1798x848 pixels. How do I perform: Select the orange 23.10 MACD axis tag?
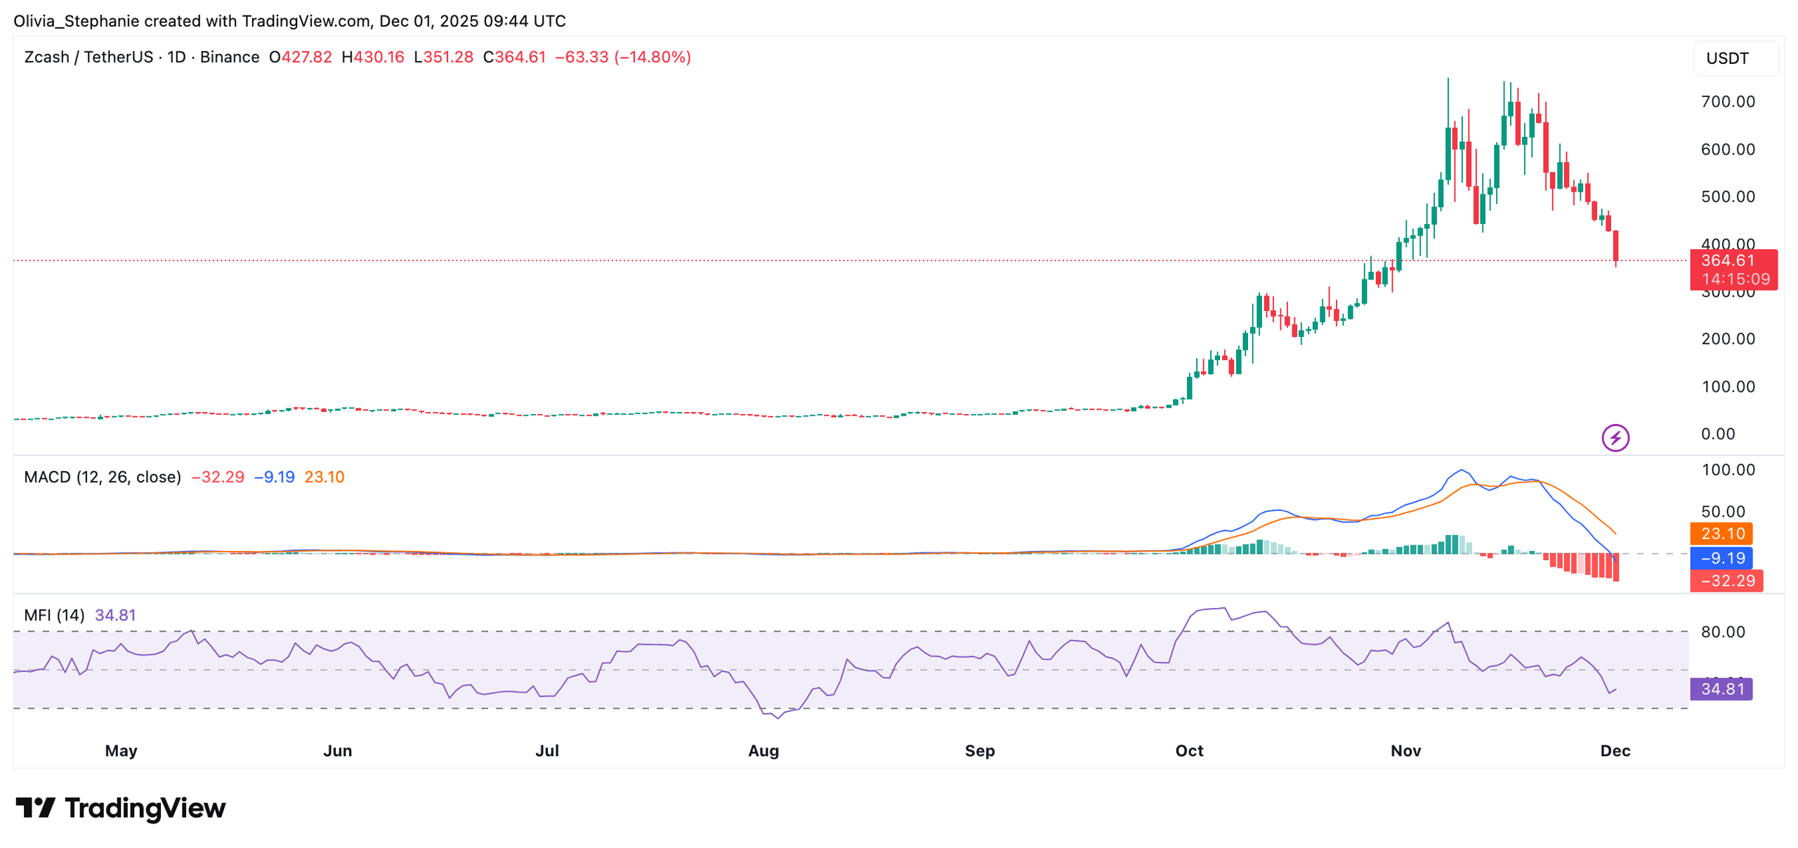pos(1721,534)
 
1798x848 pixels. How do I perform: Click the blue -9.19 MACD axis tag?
pos(1721,558)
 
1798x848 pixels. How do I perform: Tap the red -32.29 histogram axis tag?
pos(1726,581)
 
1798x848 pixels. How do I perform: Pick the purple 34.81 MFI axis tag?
pos(1721,689)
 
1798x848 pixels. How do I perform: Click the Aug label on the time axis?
pos(763,750)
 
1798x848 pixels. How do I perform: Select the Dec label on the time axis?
pos(1614,750)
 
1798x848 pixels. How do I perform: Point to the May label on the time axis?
pos(121,750)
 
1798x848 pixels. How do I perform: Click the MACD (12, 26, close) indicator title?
pos(103,477)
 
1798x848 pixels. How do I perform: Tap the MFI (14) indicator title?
pos(54,616)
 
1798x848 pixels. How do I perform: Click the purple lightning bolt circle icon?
pos(1615,438)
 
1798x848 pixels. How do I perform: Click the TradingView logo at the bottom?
pos(121,808)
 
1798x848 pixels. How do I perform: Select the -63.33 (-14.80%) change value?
pos(622,57)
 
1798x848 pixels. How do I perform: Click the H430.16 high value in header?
pos(372,57)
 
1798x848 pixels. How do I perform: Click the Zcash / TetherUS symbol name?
pos(88,57)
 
